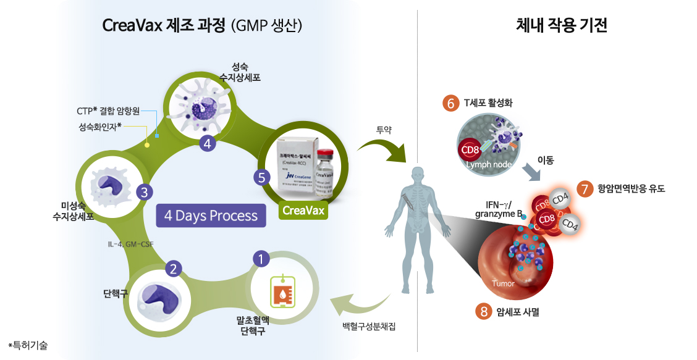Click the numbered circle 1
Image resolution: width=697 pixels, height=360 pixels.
pos(261,259)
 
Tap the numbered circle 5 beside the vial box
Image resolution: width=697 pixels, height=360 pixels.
pos(262,177)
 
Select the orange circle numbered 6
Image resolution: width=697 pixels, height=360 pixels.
pos(450,103)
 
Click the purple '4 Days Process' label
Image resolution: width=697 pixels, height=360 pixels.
pos(211,216)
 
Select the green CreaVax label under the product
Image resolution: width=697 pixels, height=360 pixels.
pos(303,210)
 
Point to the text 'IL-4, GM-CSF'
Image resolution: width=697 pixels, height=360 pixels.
pos(130,244)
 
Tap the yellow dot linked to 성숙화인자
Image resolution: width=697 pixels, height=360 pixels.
pos(147,146)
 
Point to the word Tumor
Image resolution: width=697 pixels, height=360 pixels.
pos(503,283)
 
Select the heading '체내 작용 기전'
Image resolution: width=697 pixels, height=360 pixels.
pos(561,26)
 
